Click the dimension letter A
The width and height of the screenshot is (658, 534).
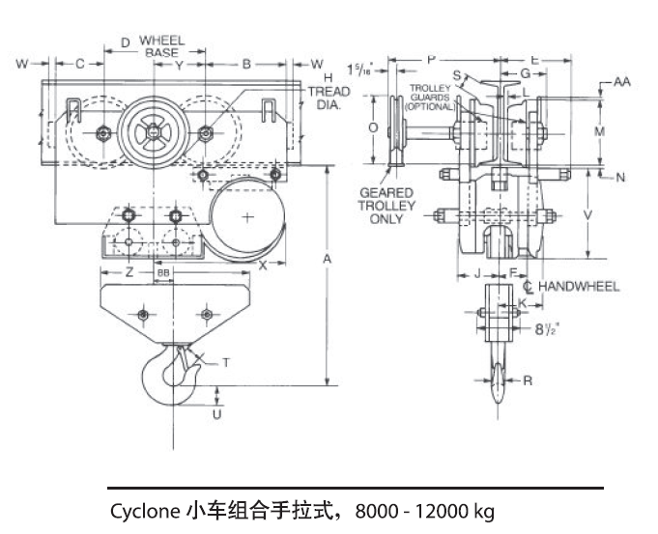tap(328, 260)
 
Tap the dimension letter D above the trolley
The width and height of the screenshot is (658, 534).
tap(124, 43)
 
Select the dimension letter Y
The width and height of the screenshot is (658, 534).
tap(180, 65)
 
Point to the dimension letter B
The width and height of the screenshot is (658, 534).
tap(246, 65)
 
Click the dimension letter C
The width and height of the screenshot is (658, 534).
tap(80, 65)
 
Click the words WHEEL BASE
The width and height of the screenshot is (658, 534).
tap(161, 46)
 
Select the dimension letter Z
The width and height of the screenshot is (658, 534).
tap(129, 273)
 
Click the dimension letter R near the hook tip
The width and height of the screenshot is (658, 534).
tap(527, 380)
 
